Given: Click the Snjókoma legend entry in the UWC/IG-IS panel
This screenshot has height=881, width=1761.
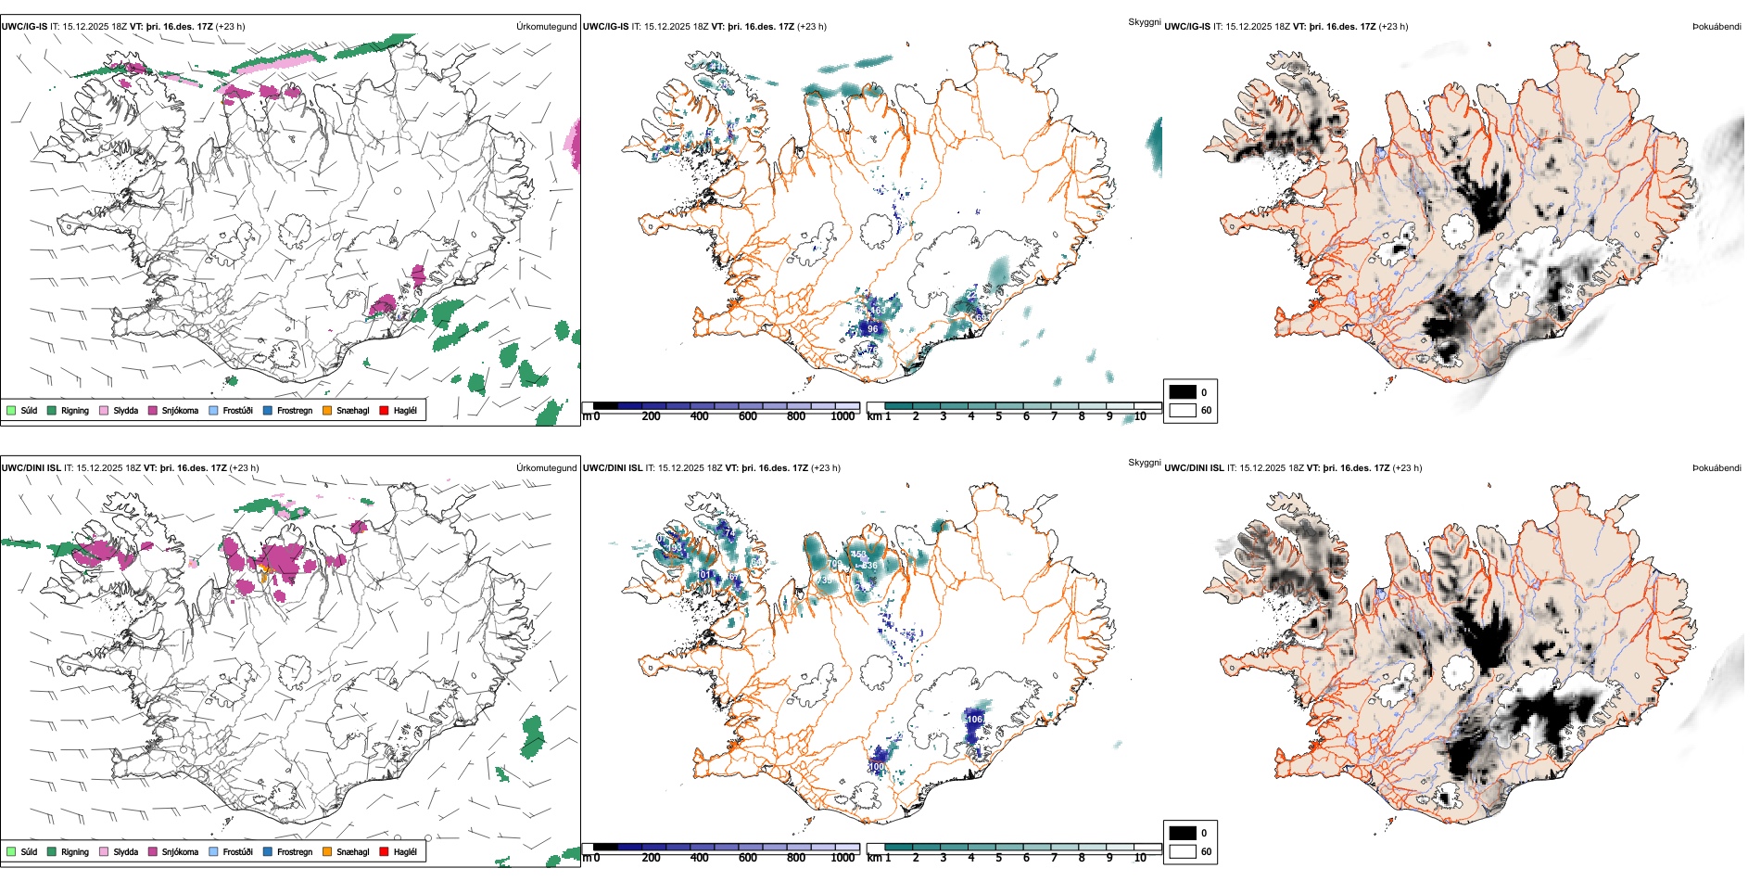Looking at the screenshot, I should click(179, 410).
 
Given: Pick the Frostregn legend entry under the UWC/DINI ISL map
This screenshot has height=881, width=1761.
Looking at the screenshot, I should click(294, 851).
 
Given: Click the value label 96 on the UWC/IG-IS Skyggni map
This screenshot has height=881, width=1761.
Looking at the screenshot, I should click(872, 329).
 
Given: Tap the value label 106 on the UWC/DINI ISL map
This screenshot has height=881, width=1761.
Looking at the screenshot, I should click(974, 719).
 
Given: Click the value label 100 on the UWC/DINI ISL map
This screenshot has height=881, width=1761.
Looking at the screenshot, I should click(877, 767).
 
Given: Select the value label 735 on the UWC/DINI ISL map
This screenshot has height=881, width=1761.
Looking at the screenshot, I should click(824, 581).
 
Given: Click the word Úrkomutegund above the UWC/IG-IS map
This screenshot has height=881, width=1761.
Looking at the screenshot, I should click(546, 27).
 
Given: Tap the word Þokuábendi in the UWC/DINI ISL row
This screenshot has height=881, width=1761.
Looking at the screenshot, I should click(1717, 468).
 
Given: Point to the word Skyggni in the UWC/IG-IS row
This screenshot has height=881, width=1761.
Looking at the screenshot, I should click(1144, 22).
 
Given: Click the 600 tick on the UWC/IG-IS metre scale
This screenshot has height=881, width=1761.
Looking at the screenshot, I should click(747, 416).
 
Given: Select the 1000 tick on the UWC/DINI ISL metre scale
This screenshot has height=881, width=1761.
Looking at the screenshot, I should click(842, 858).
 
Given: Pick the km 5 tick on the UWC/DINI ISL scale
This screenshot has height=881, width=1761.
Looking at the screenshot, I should click(998, 858).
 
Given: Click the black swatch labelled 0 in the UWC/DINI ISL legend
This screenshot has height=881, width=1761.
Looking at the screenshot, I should click(1182, 833).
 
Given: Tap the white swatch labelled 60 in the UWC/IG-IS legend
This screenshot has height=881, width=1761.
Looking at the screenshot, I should click(1182, 410).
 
